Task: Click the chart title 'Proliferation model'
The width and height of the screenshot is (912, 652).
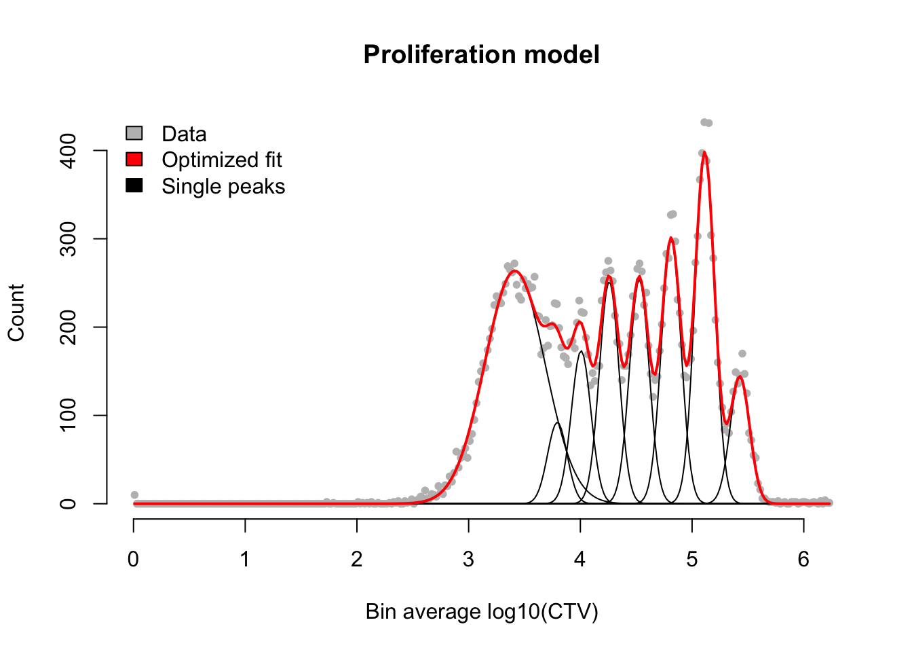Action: [x=482, y=54]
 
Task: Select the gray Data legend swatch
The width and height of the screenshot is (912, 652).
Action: [x=134, y=133]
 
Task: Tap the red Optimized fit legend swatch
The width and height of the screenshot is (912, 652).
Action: [x=134, y=159]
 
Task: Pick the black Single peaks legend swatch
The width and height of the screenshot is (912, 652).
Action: [x=134, y=185]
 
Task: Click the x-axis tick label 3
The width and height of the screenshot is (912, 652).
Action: [x=469, y=560]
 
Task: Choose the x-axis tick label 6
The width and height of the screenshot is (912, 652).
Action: [x=803, y=560]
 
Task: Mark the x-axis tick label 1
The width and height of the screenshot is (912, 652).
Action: [x=245, y=560]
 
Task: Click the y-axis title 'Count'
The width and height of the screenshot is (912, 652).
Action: [x=16, y=313]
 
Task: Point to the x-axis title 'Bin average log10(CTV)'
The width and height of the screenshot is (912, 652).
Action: [x=482, y=612]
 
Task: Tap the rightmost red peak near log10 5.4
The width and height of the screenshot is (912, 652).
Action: [x=740, y=377]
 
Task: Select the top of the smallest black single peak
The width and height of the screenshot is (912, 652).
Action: [x=557, y=422]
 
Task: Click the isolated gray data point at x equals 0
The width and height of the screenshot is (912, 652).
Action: [x=135, y=494]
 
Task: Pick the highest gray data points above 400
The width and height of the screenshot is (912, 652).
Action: [x=706, y=122]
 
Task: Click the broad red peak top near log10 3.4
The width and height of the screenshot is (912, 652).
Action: [x=514, y=271]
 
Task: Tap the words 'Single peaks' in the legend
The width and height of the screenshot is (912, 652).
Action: [x=223, y=187]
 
